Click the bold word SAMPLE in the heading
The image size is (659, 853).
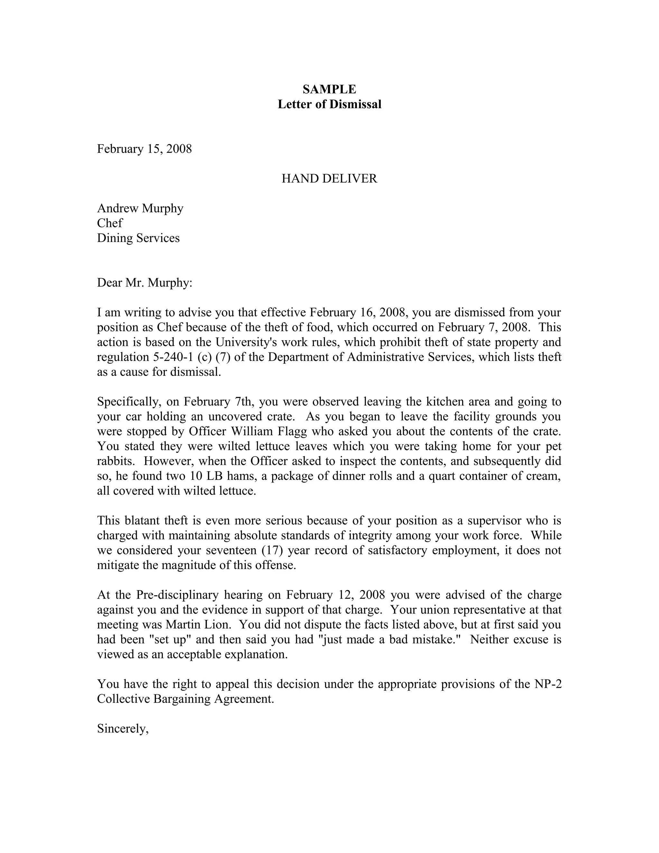329,89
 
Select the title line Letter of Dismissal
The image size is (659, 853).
329,104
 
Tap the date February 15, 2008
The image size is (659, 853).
144,149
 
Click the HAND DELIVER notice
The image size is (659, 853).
329,179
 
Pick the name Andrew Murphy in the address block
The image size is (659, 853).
140,208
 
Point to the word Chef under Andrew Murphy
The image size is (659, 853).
109,223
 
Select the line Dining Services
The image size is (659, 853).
138,238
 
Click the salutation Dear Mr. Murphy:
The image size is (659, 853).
144,282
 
